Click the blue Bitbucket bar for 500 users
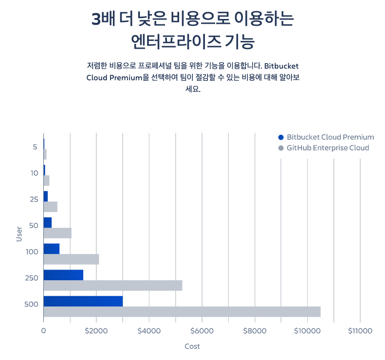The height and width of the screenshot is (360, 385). click(x=83, y=301)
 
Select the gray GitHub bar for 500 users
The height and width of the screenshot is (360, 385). click(x=182, y=312)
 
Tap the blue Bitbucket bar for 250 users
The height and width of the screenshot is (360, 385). click(x=63, y=275)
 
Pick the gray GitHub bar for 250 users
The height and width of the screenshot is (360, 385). click(x=112, y=286)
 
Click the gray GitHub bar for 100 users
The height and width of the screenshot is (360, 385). click(x=71, y=259)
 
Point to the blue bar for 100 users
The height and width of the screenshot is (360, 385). click(x=51, y=249)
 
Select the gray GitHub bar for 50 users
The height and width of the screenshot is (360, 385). click(x=57, y=233)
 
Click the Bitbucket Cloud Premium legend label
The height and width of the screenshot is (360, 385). click(x=330, y=137)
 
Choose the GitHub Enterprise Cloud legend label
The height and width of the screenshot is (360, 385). click(x=328, y=148)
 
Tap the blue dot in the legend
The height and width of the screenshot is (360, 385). click(x=280, y=137)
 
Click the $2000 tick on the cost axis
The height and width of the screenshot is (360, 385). click(x=96, y=331)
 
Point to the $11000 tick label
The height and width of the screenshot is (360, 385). click(x=360, y=331)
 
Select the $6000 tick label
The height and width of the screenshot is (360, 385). click(x=202, y=331)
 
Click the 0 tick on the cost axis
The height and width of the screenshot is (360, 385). click(x=43, y=331)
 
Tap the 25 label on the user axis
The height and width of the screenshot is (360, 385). click(x=34, y=199)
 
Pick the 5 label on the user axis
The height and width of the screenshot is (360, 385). click(x=35, y=147)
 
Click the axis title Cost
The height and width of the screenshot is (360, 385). click(x=192, y=346)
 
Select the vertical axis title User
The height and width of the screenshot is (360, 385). click(x=19, y=234)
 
